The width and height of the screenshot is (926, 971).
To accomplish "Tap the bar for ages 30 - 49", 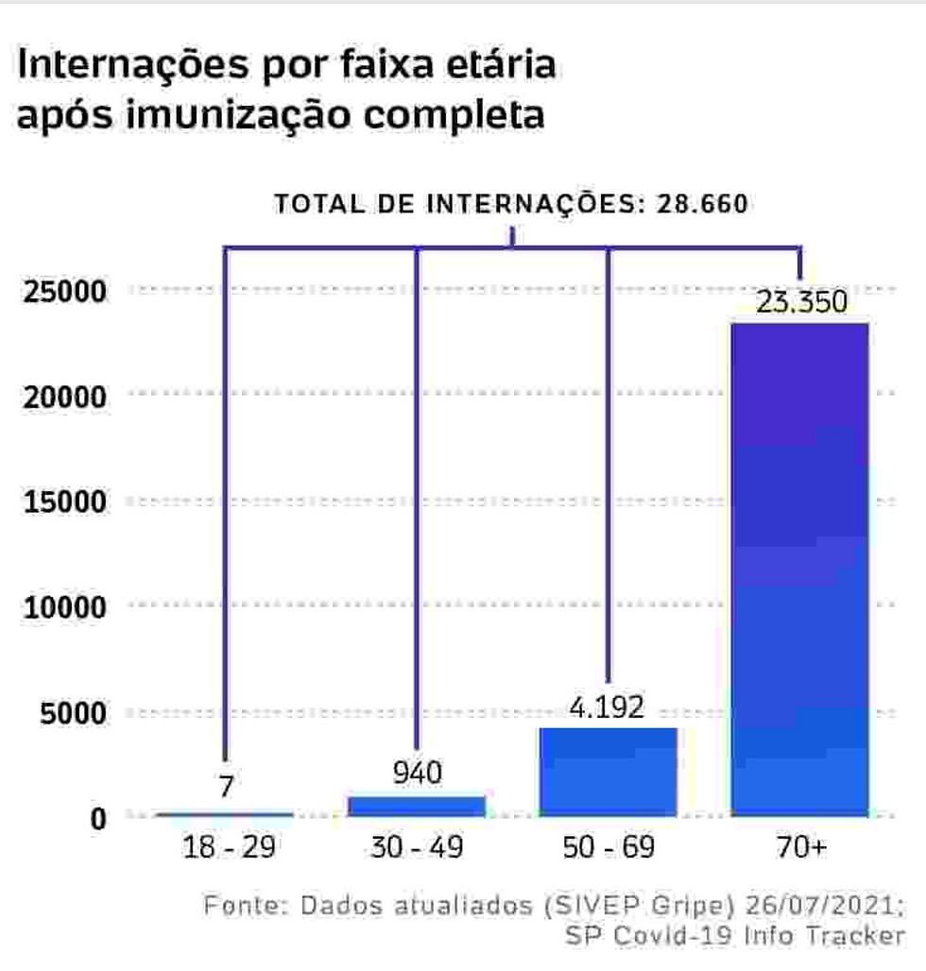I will pyautogui.click(x=417, y=806).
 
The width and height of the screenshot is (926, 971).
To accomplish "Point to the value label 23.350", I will pyautogui.click(x=801, y=304).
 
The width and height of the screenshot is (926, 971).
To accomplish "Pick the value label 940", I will pyautogui.click(x=417, y=775).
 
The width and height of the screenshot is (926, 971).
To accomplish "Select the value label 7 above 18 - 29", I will pyautogui.click(x=225, y=786).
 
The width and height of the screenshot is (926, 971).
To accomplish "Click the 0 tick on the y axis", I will pyautogui.click(x=99, y=818).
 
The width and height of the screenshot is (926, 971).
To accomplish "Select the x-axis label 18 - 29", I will pyautogui.click(x=225, y=847).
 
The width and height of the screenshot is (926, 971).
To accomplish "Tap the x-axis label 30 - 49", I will pyautogui.click(x=417, y=847).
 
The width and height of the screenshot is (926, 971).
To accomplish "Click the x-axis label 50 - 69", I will pyautogui.click(x=609, y=847).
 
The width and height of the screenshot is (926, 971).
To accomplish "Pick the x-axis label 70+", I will pyautogui.click(x=800, y=847).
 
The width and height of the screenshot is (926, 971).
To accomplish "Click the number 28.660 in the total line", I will pyautogui.click(x=701, y=204).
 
